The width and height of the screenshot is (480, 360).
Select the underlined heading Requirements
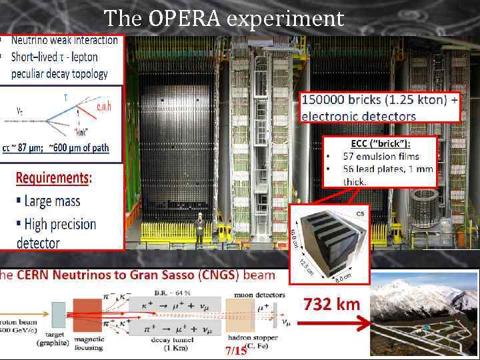coord(53,178)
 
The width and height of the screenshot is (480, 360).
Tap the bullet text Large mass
coord(51,201)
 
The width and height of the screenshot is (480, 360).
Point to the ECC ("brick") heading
coord(379,143)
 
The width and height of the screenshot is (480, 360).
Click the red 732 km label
coord(331,305)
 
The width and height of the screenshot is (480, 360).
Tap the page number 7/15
coord(236,350)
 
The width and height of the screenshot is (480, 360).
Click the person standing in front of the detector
coord(198,227)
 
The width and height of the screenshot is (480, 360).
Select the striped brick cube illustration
coord(327,242)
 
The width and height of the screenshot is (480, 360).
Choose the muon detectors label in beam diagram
coord(260,294)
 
